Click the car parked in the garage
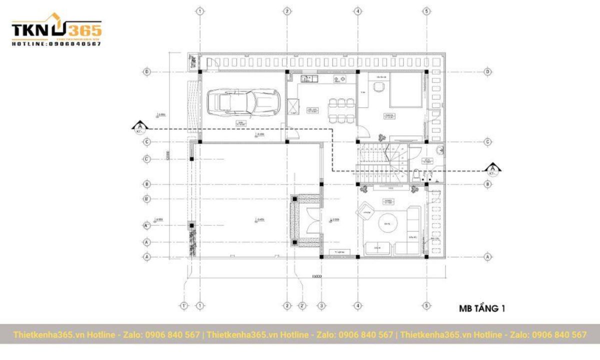pos(243,102)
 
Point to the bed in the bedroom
pos(405,92)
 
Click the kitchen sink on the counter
pos(306,78)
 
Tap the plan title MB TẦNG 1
pos(481,309)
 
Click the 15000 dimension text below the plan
pos(315,276)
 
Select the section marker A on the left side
pos(140,126)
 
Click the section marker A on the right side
pos(493,169)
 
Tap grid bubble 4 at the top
pos(357,10)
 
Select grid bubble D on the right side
pos(488,72)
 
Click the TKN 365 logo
pos(56,30)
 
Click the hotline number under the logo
pos(56,44)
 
